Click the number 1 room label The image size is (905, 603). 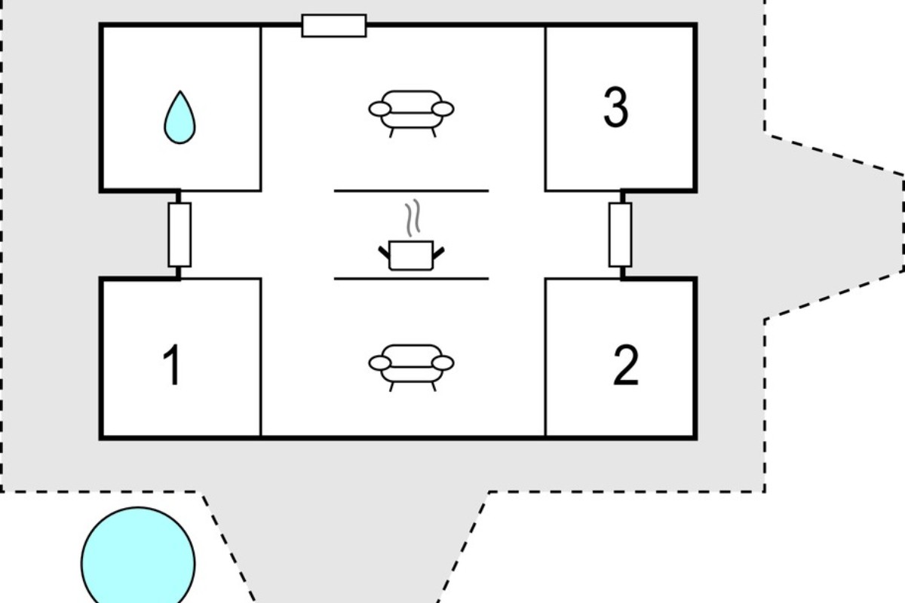pos(172,365)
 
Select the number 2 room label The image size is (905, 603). pos(626,365)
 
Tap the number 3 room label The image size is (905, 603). pos(615,107)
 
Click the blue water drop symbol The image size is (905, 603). pos(179,117)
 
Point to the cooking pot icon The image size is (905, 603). pos(411,256)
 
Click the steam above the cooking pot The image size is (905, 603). pos(413,218)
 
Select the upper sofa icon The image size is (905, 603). pos(411,114)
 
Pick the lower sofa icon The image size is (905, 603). pos(411,368)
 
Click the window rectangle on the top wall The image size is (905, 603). pos(334,26)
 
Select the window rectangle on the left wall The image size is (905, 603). pos(179,234)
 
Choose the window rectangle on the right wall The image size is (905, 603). pos(620,234)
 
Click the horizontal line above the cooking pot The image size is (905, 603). pos(411,191)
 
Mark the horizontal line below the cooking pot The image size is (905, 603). pos(411,279)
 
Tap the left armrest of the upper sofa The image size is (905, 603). pos(380,109)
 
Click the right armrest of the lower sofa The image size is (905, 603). pos(443,363)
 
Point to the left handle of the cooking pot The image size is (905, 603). pos(384,253)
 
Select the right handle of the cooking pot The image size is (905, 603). pos(439,253)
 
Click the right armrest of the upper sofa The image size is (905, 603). pos(443,109)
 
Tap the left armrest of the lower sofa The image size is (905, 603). pos(380,363)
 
